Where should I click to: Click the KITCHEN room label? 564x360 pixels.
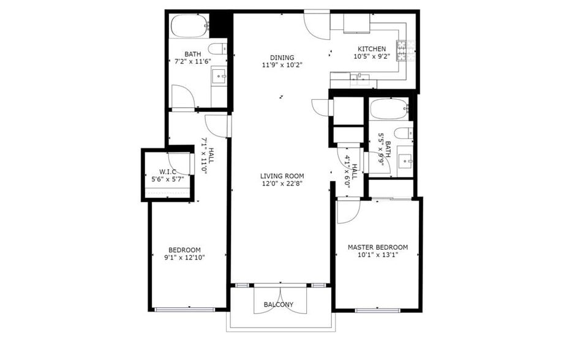[x=372, y=49]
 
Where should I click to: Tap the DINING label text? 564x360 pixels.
[x=282, y=58]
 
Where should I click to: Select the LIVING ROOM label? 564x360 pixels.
[x=282, y=176]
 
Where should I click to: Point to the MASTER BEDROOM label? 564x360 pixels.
[x=378, y=247]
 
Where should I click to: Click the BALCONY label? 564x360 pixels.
[x=279, y=305]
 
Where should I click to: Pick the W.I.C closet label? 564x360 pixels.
[x=168, y=172]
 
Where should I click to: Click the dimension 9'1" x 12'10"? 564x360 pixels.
[x=184, y=258]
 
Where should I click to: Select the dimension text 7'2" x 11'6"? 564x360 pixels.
[x=193, y=62]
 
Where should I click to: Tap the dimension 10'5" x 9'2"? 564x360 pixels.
[x=372, y=56]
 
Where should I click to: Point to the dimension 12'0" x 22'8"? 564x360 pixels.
[x=282, y=184]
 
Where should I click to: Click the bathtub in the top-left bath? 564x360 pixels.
[x=190, y=26]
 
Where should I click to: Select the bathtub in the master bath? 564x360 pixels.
[x=389, y=108]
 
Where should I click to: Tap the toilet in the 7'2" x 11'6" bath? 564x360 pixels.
[x=218, y=48]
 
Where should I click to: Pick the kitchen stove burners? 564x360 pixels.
[x=405, y=50]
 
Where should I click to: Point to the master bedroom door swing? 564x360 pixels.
[x=348, y=211]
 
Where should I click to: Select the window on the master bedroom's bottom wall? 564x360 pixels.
[x=377, y=310]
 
